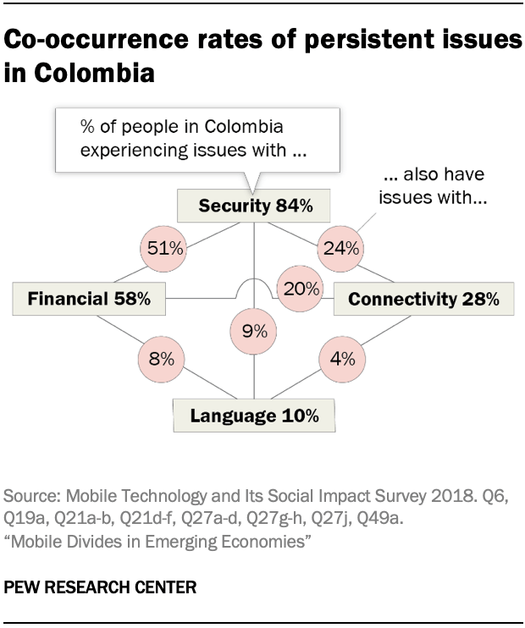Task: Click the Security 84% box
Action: coord(255,206)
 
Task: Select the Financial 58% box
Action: coord(89,298)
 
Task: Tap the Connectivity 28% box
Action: coord(423,298)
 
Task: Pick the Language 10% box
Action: coord(254,416)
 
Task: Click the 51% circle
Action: coord(162,249)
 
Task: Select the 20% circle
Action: coord(301,289)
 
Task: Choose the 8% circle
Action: coord(161,359)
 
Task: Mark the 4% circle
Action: coord(341,359)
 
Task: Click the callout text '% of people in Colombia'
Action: coord(181,128)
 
